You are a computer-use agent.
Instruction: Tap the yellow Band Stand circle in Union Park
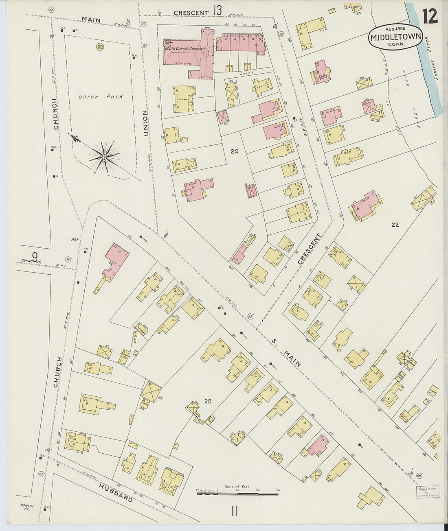pyautogui.click(x=99, y=47)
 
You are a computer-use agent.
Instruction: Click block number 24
pyautogui.click(x=234, y=152)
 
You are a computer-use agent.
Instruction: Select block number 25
pyautogui.click(x=208, y=402)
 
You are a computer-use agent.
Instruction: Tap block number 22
pyautogui.click(x=395, y=224)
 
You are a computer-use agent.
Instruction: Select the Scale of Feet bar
pyautogui.click(x=238, y=493)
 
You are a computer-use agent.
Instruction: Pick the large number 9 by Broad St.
pyautogui.click(x=35, y=257)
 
